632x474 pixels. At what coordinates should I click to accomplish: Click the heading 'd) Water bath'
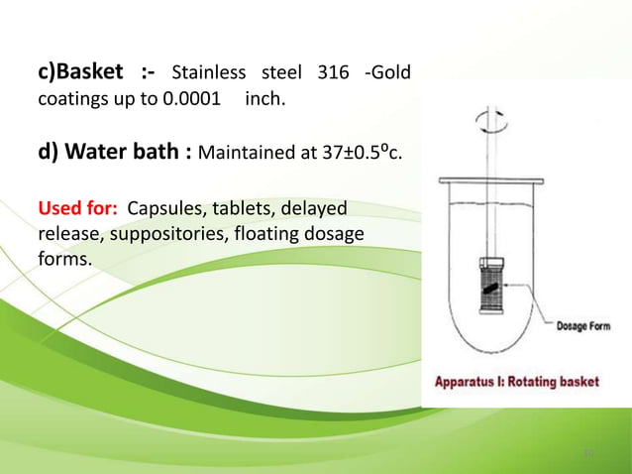111,153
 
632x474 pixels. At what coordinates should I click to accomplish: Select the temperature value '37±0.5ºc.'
358,153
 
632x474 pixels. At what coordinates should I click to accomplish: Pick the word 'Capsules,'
169,210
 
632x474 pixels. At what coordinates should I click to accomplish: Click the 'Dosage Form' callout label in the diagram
583,325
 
